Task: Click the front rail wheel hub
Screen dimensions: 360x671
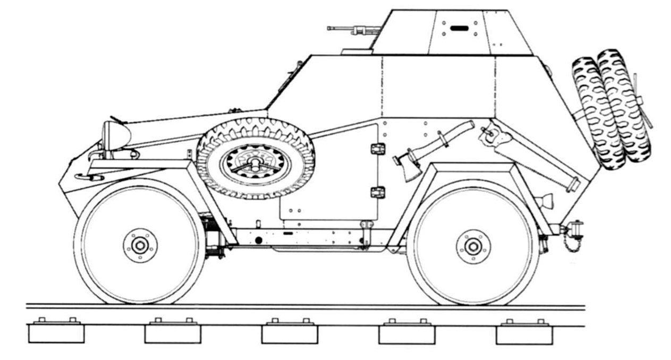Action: (140, 245)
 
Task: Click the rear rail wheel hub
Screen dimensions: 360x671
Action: (473, 246)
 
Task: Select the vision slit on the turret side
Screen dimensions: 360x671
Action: (457, 28)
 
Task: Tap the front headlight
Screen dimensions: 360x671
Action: (115, 134)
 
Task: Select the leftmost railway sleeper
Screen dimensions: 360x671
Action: (56, 332)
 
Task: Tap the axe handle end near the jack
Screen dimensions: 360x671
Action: (468, 126)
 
